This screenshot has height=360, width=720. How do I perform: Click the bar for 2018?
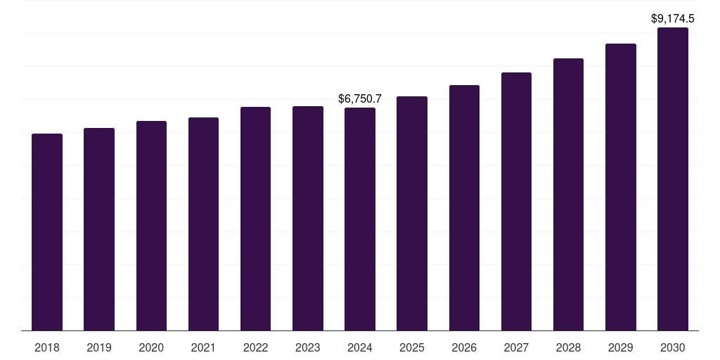click(x=47, y=232)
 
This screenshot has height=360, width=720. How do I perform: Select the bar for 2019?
click(x=99, y=229)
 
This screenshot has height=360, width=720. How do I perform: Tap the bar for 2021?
click(x=203, y=224)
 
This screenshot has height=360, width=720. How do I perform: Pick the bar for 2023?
click(x=308, y=218)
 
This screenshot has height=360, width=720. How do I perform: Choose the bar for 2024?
click(x=360, y=219)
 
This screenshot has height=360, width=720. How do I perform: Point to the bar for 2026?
click(x=464, y=207)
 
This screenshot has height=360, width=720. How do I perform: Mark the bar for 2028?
click(x=568, y=194)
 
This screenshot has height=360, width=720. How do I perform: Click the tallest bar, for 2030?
click(x=673, y=179)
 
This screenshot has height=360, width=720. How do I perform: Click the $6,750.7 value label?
click(x=360, y=99)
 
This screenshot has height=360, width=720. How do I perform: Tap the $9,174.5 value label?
click(x=673, y=19)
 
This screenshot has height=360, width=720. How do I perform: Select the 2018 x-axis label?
click(x=47, y=347)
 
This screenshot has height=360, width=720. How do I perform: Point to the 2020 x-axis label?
click(x=151, y=347)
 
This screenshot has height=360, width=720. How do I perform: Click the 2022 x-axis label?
click(x=255, y=347)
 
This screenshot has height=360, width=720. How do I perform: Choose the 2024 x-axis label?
click(x=360, y=347)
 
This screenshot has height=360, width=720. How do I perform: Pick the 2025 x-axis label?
click(x=412, y=347)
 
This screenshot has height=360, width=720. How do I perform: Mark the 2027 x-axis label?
click(x=516, y=347)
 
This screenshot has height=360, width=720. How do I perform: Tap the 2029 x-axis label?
click(x=620, y=347)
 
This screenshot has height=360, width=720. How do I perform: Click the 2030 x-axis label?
click(x=673, y=347)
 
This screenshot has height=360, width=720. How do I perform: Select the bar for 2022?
click(x=255, y=219)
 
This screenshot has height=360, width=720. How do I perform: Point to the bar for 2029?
click(x=620, y=187)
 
